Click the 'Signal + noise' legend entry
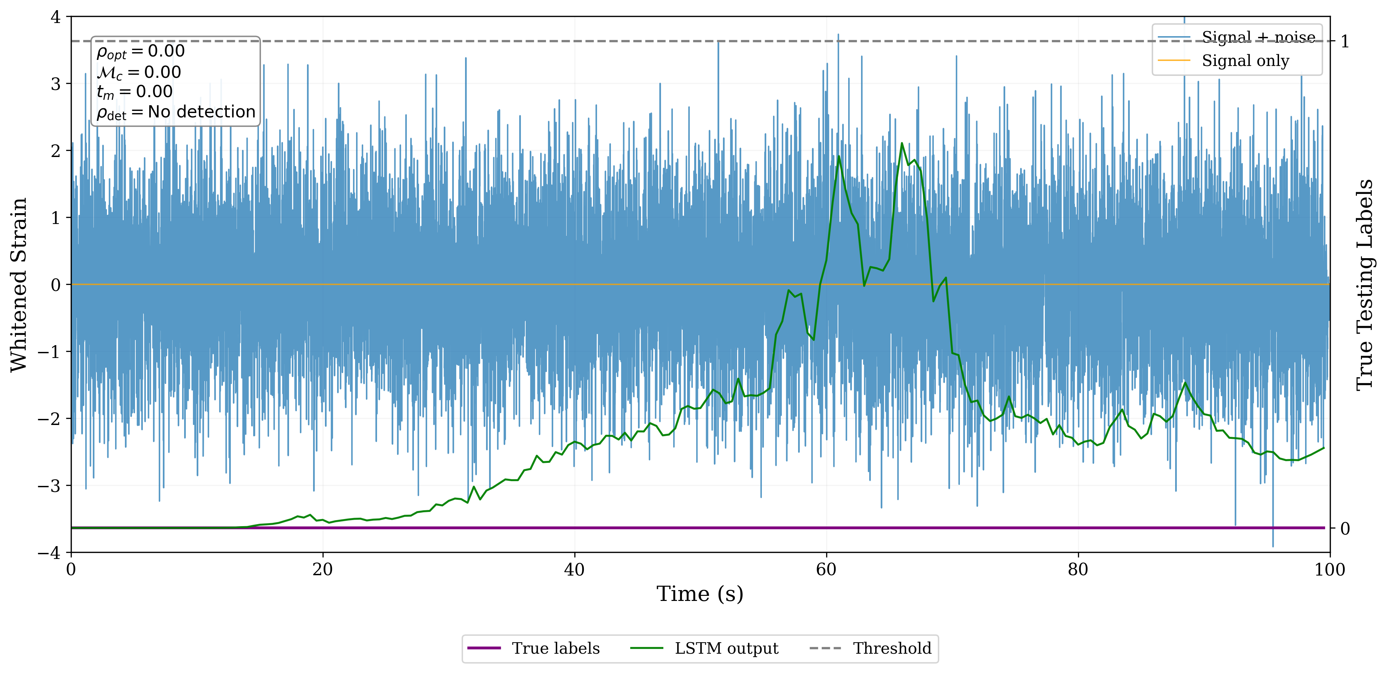tap(1258, 37)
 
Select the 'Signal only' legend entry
tap(1245, 61)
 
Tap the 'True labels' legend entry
tap(555, 648)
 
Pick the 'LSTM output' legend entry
tap(726, 648)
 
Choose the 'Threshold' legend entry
tap(891, 648)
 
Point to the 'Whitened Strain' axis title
tap(19, 284)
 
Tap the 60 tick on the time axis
tap(826, 569)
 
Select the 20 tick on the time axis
tap(323, 569)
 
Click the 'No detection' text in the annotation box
tap(201, 112)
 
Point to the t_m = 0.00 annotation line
tap(135, 92)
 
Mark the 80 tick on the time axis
tap(1078, 569)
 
